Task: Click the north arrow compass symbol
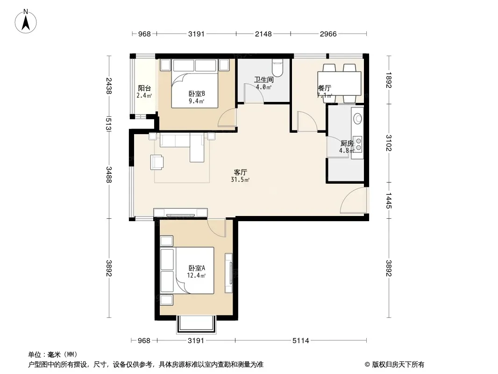pyautogui.click(x=26, y=22)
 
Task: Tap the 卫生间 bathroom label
pyautogui.click(x=263, y=80)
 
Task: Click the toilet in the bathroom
pyautogui.click(x=277, y=68)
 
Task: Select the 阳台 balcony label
pyautogui.click(x=144, y=88)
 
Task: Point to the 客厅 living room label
pyautogui.click(x=240, y=172)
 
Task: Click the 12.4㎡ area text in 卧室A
pyautogui.click(x=196, y=275)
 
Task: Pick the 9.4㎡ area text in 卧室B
pyautogui.click(x=196, y=101)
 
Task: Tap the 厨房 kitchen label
pyautogui.click(x=347, y=144)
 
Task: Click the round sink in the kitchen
pyautogui.click(x=358, y=119)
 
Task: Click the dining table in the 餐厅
pyautogui.click(x=339, y=83)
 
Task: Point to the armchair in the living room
pyautogui.click(x=157, y=162)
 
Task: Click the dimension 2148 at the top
pyautogui.click(x=263, y=34)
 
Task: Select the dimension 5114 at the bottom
pyautogui.click(x=300, y=341)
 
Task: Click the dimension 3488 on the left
pyautogui.click(x=109, y=175)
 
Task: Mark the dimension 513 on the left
pyautogui.click(x=109, y=123)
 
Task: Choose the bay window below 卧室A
pyautogui.click(x=196, y=324)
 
